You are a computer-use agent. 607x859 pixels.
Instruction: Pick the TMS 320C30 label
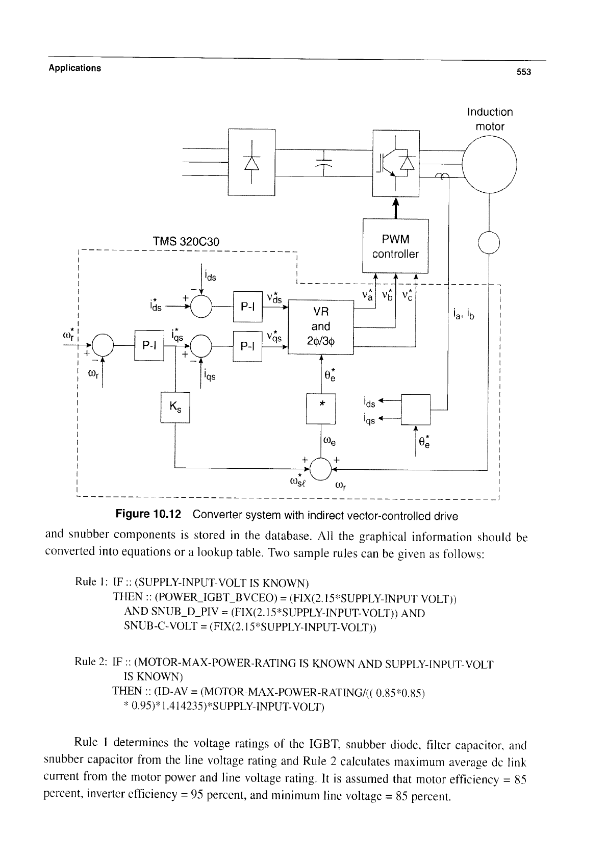pyautogui.click(x=186, y=242)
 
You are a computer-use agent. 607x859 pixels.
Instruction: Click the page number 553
pyautogui.click(x=523, y=72)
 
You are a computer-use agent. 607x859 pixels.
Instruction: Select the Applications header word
pyautogui.click(x=75, y=68)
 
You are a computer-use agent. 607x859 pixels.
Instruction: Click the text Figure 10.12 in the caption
pyautogui.click(x=148, y=514)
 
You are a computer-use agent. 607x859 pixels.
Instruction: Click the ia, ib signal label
pyautogui.click(x=464, y=315)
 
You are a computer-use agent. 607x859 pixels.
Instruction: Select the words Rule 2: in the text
pyautogui.click(x=90, y=662)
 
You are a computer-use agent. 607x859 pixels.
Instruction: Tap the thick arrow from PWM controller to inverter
pyautogui.click(x=396, y=208)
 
